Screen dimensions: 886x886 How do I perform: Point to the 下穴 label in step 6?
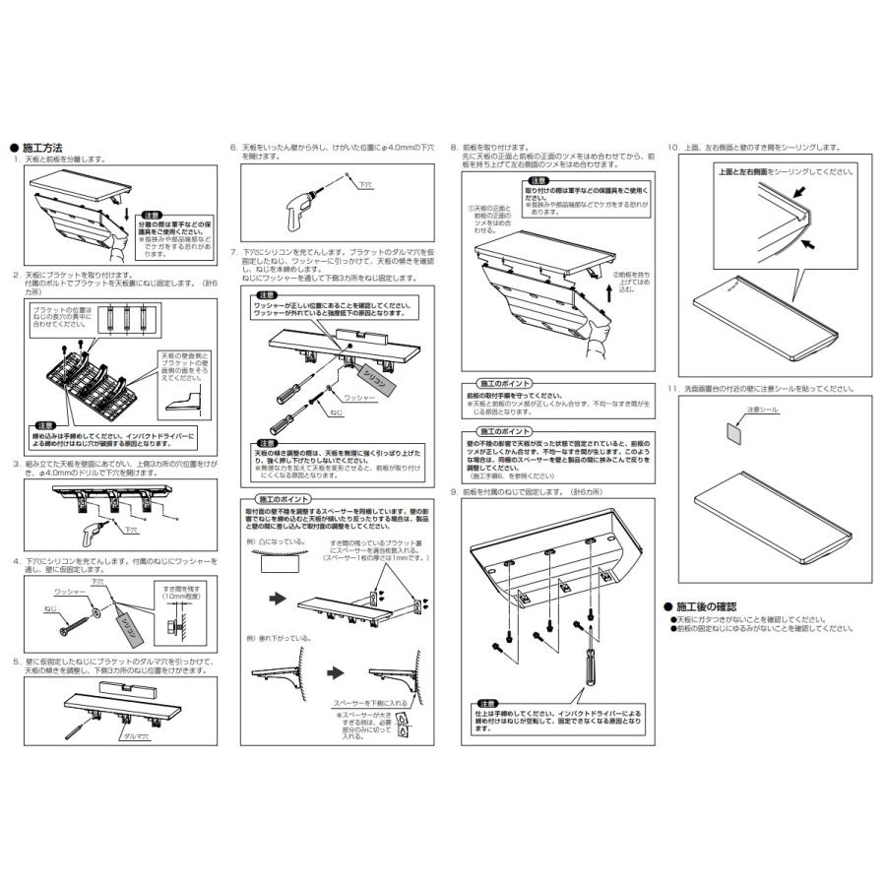(365, 183)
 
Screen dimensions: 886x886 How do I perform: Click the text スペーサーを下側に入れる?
(371, 704)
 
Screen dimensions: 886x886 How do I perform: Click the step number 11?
(672, 389)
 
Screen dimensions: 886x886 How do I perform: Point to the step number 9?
(453, 491)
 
